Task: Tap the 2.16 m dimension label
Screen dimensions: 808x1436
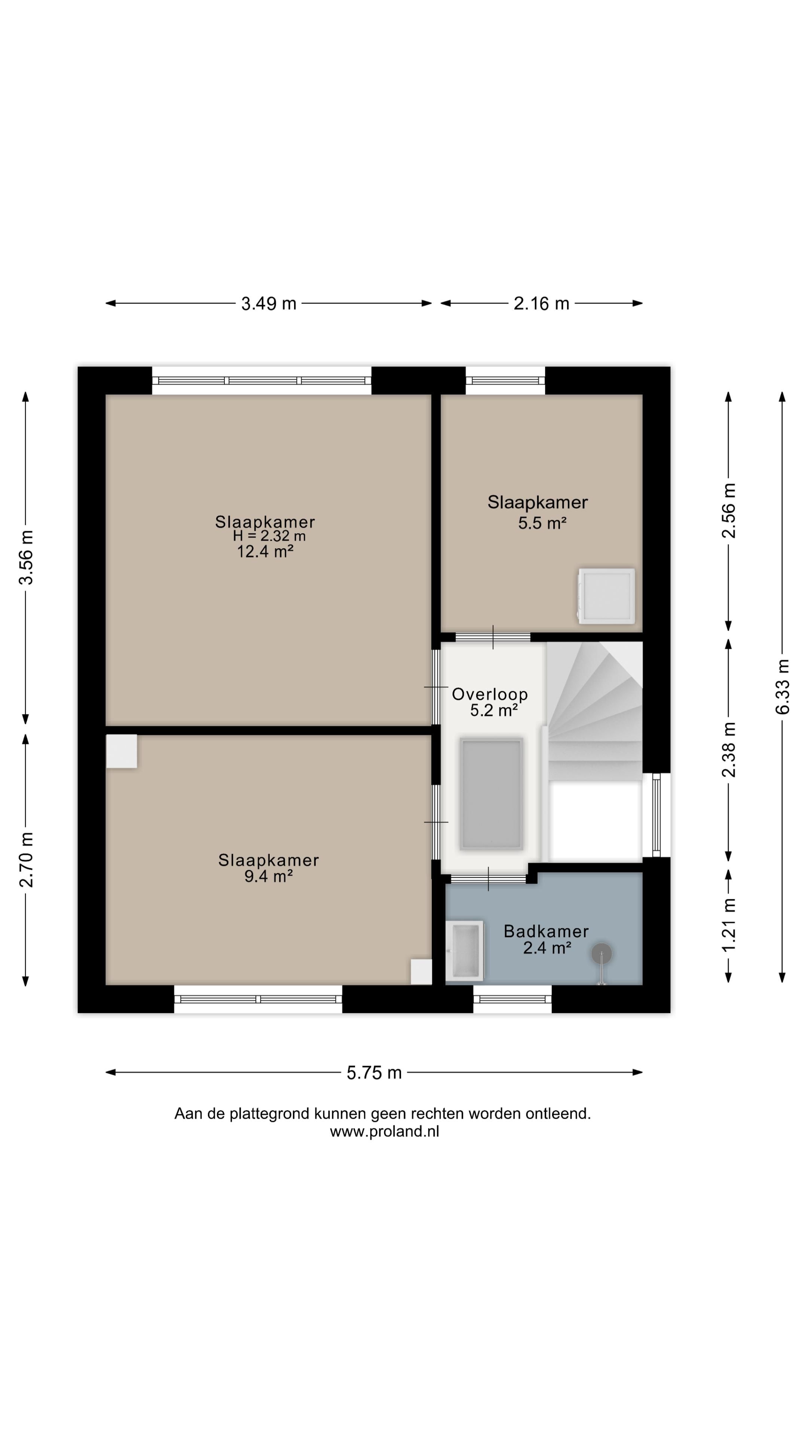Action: tap(541, 304)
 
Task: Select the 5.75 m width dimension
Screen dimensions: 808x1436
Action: tap(374, 1072)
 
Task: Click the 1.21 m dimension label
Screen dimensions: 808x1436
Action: tap(728, 926)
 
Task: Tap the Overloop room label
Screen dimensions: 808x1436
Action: tap(490, 694)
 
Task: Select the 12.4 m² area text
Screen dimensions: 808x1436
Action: tap(266, 552)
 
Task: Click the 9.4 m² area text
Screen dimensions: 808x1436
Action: tap(269, 876)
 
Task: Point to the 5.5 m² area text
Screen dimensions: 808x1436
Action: tap(542, 523)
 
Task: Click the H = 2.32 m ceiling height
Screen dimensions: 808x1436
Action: tap(269, 536)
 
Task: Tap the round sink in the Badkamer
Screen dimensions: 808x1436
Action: tap(602, 954)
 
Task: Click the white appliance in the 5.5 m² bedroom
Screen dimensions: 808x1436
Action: tap(606, 596)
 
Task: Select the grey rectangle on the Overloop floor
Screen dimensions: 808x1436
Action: tap(491, 794)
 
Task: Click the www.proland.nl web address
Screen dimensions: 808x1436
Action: tap(384, 1132)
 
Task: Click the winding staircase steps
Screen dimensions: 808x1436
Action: tap(594, 711)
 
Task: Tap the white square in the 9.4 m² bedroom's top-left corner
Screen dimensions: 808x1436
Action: tap(122, 751)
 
